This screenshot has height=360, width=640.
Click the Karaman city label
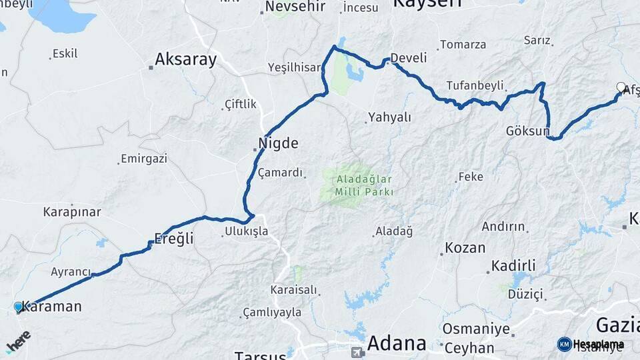(x=51, y=307)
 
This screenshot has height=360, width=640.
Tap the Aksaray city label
(x=185, y=60)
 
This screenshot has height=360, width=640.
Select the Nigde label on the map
(x=278, y=143)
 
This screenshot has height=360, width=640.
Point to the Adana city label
(x=397, y=343)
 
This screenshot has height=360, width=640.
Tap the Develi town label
(x=408, y=58)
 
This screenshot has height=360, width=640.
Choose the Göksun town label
(x=527, y=131)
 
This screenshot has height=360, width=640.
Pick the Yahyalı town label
(x=389, y=117)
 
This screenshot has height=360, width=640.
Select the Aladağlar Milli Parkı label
(x=357, y=185)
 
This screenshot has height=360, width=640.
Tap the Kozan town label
(x=465, y=248)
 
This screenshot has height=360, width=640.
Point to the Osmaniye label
(x=477, y=330)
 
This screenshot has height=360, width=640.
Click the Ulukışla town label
(x=245, y=231)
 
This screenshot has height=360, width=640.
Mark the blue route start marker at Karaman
(x=19, y=307)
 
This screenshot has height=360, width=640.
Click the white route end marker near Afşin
(x=621, y=87)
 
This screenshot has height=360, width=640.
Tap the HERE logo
(x=18, y=341)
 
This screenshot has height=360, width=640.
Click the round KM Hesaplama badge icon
(x=565, y=344)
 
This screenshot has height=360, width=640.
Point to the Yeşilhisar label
(x=295, y=67)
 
